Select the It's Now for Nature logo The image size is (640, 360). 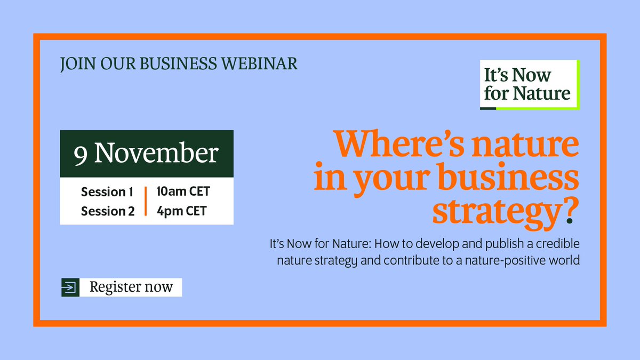point(529,84)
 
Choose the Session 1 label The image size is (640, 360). point(107,191)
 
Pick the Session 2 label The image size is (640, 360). point(107,211)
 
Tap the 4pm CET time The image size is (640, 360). point(181,211)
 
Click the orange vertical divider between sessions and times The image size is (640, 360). point(145,201)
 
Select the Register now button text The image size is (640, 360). point(131,287)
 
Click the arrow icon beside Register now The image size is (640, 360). point(70,287)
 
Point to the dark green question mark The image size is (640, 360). point(571,211)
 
